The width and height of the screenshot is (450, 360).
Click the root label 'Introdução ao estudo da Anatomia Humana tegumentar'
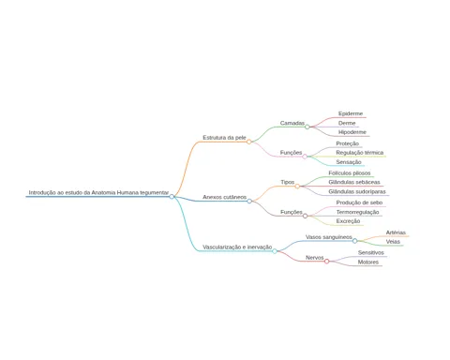pos(98,192)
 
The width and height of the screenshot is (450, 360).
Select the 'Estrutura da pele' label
pos(224,138)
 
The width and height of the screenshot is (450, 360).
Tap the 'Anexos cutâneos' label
pos(224,197)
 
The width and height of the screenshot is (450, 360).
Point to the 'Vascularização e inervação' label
pos(237,247)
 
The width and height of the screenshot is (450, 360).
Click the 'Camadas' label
pos(292,123)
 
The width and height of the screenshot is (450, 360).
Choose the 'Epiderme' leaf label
pos(351,113)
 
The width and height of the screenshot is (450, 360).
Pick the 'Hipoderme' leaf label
pos(352,132)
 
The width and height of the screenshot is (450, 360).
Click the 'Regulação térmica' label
pos(360,153)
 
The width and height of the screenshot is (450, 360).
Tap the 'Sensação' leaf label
pos(349,162)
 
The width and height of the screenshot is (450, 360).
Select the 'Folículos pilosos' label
pos(350,173)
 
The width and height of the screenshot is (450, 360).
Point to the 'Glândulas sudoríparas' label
pos(357,191)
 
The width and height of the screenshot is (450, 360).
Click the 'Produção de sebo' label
pos(359,202)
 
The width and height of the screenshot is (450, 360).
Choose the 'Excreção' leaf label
pos(348,221)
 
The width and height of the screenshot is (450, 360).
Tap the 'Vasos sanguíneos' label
pos(329,237)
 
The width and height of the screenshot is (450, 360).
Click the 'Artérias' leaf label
pos(396,232)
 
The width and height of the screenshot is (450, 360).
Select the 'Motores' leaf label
pos(368,262)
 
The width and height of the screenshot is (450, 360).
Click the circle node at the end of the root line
pos(172,197)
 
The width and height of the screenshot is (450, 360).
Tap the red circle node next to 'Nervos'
pos(327,262)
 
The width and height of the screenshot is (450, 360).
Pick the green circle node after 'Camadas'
pos(307,127)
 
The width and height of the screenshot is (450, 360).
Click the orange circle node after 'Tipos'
pos(297,187)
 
